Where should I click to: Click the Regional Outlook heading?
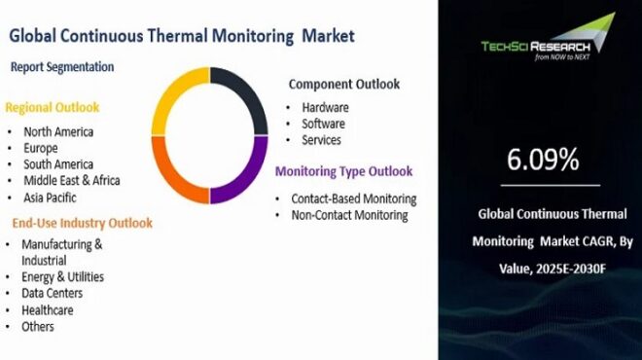tap(53, 107)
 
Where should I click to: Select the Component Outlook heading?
tap(343, 85)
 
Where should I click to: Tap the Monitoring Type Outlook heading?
tap(343, 172)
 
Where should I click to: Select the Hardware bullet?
tap(324, 108)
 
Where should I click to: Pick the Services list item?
tap(321, 140)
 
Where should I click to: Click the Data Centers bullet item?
tap(52, 293)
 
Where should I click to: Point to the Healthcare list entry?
tap(50, 309)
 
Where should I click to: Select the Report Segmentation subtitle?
tap(62, 67)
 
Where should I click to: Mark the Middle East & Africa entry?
tap(72, 181)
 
